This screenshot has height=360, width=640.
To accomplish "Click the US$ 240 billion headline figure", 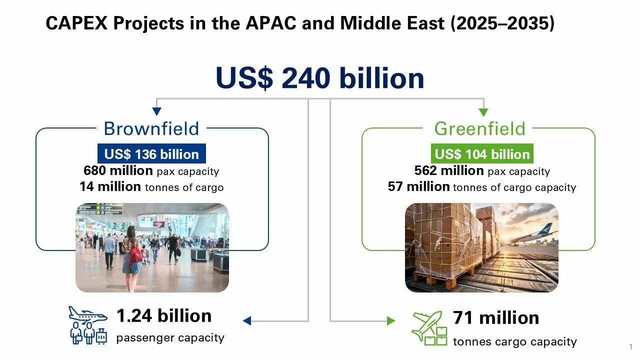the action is click(319, 78).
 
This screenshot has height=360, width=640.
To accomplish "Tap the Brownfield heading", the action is click(151, 128).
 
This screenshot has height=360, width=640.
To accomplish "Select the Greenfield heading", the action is click(479, 128).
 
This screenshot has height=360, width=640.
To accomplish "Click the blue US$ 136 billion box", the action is click(151, 153).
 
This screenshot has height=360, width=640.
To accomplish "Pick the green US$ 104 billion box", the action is click(482, 153).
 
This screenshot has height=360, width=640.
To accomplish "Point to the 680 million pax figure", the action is click(118, 170).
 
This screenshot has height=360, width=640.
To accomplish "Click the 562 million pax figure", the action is click(449, 170).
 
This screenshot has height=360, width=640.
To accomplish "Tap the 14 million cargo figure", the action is click(110, 186).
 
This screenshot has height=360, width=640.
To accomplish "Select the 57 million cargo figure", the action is click(418, 186).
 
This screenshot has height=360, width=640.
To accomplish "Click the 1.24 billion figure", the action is click(164, 315).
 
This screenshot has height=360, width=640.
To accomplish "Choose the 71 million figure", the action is click(496, 317).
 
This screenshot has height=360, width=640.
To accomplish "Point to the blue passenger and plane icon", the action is click(88, 325).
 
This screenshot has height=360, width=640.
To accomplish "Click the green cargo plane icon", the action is click(429, 328).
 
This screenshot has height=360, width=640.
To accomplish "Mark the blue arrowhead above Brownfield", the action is click(156, 111).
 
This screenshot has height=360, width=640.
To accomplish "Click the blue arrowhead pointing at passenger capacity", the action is click(246, 321).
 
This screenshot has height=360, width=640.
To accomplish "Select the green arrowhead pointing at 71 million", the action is click(391, 321).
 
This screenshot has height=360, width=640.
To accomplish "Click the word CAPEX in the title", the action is click(76, 23).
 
